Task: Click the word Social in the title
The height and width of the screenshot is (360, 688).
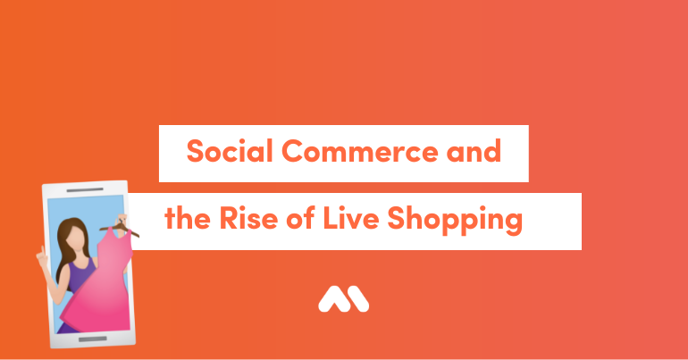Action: point(230,151)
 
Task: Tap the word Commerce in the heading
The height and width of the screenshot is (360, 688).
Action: point(360,151)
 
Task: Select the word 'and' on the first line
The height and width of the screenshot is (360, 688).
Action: point(474,151)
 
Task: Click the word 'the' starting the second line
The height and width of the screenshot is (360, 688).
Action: point(188,218)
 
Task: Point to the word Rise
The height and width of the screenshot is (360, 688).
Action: point(248,218)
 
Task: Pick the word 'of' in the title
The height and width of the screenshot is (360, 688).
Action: point(300,218)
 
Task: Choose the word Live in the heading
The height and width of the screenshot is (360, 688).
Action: point(351,218)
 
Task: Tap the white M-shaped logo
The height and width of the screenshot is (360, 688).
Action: point(344,299)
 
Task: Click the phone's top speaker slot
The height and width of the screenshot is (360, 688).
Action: point(85,190)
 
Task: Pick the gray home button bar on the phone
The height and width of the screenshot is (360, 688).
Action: point(93,339)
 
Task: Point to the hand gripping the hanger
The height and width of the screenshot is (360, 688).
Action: point(122,220)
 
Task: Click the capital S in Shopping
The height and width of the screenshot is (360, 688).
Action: point(396,218)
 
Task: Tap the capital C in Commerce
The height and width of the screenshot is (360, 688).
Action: point(293,151)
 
